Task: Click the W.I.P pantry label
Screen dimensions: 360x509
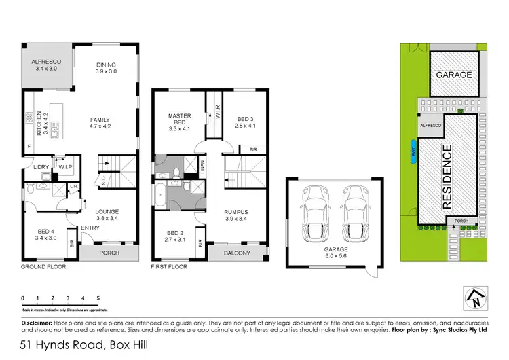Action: tap(66, 166)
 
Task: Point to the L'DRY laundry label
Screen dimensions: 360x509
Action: tap(38, 166)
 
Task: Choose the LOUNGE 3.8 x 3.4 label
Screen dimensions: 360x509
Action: tap(107, 215)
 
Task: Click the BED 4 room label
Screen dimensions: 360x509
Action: tap(47, 235)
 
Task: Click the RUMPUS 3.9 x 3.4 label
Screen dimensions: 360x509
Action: tap(237, 215)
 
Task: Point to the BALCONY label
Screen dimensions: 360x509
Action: tap(237, 254)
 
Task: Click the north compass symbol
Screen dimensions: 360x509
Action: tap(474, 296)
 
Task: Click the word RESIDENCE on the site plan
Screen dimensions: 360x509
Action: tap(447, 176)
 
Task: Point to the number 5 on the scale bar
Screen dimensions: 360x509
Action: tap(98, 298)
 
